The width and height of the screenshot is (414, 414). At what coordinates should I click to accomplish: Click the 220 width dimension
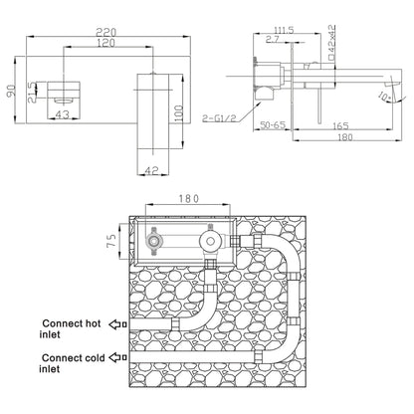coord(106,32)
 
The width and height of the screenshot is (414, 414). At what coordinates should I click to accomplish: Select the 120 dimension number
coord(106,43)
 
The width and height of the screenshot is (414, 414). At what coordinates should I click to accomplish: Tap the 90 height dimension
coord(11,91)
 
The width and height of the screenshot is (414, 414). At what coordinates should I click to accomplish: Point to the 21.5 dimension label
coord(32,92)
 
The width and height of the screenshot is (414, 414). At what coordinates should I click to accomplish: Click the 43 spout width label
coord(63,114)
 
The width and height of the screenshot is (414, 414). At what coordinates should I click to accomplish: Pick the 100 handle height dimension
coord(178,113)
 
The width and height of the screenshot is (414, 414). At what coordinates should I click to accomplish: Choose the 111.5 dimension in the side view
coord(284,30)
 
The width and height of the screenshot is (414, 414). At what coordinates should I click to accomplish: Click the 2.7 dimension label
coord(272,40)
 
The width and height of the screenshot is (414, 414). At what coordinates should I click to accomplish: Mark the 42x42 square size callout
coord(331,42)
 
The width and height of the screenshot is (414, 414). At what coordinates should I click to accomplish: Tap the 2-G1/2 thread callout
coord(220,117)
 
